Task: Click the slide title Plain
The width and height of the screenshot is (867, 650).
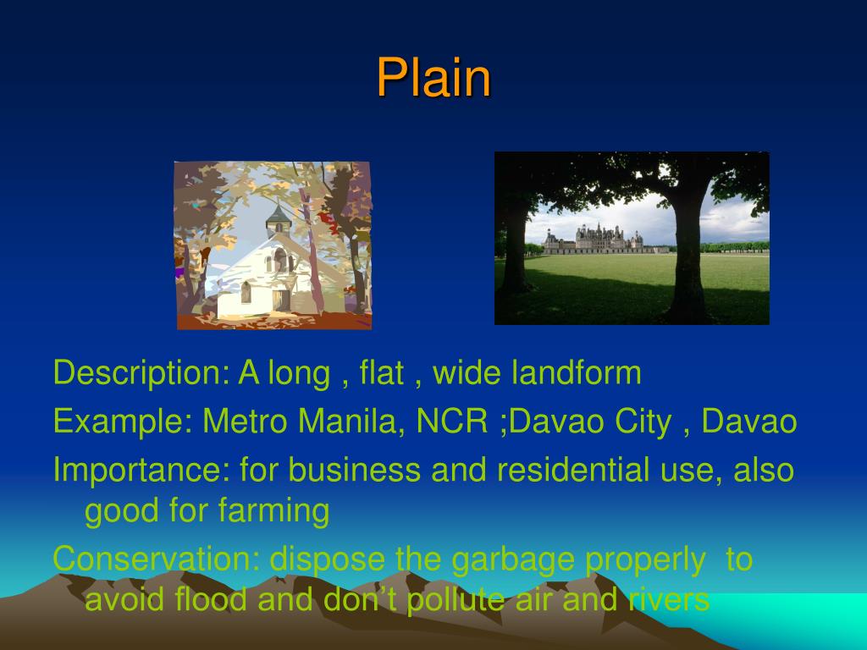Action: (x=433, y=77)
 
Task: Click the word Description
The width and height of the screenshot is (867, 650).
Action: (x=141, y=373)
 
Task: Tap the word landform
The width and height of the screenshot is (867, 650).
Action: (x=576, y=372)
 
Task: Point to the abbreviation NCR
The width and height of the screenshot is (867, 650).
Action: (x=452, y=421)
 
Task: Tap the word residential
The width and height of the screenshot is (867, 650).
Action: (x=573, y=470)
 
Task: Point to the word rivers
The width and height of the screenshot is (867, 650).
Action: (x=669, y=599)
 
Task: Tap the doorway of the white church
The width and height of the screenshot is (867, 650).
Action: (x=281, y=300)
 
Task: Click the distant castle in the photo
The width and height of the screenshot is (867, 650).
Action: (x=594, y=240)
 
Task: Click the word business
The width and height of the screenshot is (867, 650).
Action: (x=355, y=470)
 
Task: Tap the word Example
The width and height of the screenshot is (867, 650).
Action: (x=123, y=422)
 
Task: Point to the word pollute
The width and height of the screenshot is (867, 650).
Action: (x=456, y=599)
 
